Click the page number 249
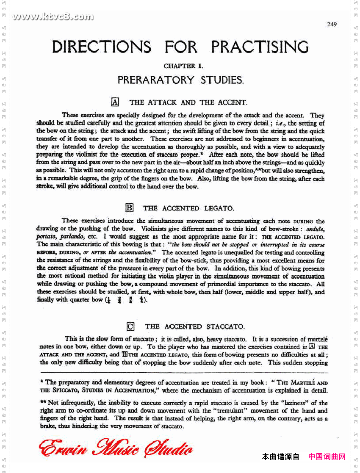click(332, 24)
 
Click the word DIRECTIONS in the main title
click(102, 47)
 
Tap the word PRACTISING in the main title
click(260, 47)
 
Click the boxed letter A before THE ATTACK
click(115, 102)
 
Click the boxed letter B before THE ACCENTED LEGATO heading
click(130, 208)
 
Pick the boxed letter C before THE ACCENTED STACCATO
click(131, 326)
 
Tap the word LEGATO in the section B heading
click(219, 208)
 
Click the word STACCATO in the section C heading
click(225, 326)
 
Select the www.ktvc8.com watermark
click(53, 17)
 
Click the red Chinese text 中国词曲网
click(327, 456)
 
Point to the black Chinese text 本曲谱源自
click(280, 456)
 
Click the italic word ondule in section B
click(315, 229)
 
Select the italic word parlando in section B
click(71, 237)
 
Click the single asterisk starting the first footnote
click(42, 382)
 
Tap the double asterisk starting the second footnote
click(43, 403)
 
